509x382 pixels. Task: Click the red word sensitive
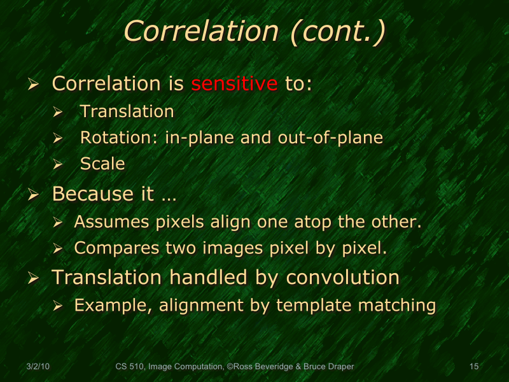(x=234, y=83)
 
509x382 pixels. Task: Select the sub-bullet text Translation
(x=127, y=111)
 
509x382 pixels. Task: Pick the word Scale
(x=102, y=164)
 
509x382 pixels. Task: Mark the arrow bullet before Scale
(x=58, y=164)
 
